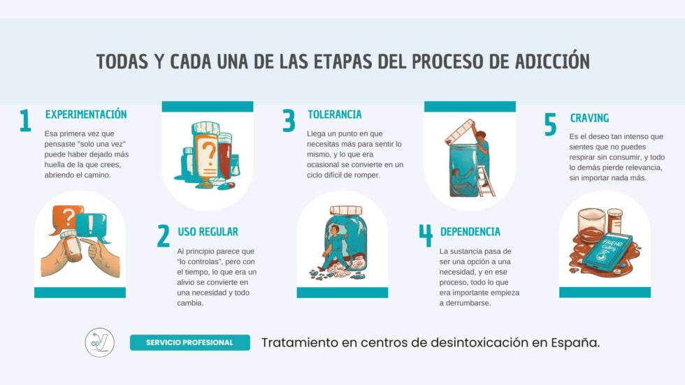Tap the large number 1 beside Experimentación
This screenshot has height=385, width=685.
[25, 121]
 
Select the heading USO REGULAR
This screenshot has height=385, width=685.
[208, 231]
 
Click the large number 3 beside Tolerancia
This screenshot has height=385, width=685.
[289, 121]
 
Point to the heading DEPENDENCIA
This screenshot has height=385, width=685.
[470, 231]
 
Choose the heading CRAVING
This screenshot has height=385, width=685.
[589, 118]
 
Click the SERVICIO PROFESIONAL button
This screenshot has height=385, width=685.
[189, 342]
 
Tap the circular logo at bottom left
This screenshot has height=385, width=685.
[99, 342]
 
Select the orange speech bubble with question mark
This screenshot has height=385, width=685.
[66, 217]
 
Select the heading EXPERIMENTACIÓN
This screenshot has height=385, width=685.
[86, 114]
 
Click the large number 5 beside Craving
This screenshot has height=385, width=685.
[551, 124]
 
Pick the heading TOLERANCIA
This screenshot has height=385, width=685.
[335, 114]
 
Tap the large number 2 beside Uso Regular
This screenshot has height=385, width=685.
[163, 237]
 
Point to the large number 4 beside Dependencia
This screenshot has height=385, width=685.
[426, 236]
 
